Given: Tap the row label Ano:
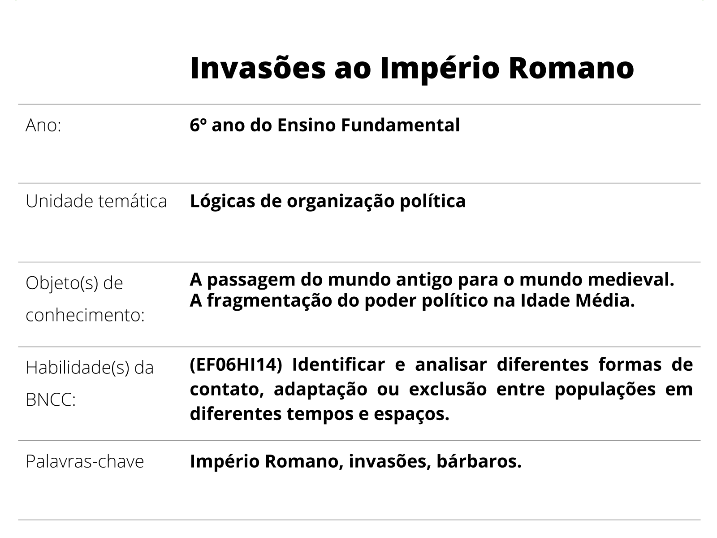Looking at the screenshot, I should [43, 126].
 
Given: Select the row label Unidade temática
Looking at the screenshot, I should [96, 201].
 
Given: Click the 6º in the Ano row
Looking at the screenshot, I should [198, 125].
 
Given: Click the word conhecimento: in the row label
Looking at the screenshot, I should [85, 315].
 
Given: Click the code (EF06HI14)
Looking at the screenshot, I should [236, 364].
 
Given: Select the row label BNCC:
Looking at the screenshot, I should [51, 399].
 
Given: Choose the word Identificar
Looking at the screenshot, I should [338, 364].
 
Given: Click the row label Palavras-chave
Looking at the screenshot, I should [85, 461].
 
